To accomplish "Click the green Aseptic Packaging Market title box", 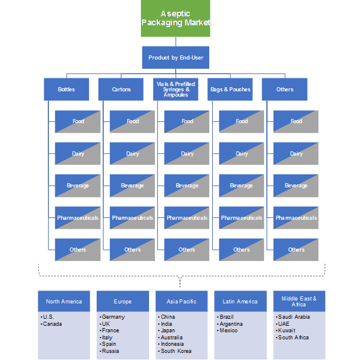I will tap(176, 18).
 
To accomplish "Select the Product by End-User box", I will tap(176, 58).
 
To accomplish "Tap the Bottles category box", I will tap(67, 90).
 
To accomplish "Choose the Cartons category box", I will tap(121, 90).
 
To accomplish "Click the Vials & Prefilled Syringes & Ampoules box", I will tap(176, 90).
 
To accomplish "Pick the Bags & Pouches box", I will tap(230, 90).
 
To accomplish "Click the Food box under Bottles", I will tap(78, 121).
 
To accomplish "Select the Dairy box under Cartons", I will tap(133, 154).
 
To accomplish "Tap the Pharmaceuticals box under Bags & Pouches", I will tap(242, 218).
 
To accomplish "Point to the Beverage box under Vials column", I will tap(187, 186).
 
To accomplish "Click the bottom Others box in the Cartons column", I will tap(133, 250).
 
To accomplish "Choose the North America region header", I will tap(64, 302).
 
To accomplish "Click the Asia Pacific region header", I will tap(181, 302).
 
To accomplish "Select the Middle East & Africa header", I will tap(299, 302).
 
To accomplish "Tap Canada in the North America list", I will tap(53, 323).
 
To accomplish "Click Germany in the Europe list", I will tap(113, 317).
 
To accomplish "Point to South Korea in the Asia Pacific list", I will tap(176, 351).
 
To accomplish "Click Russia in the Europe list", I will tap(111, 351).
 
